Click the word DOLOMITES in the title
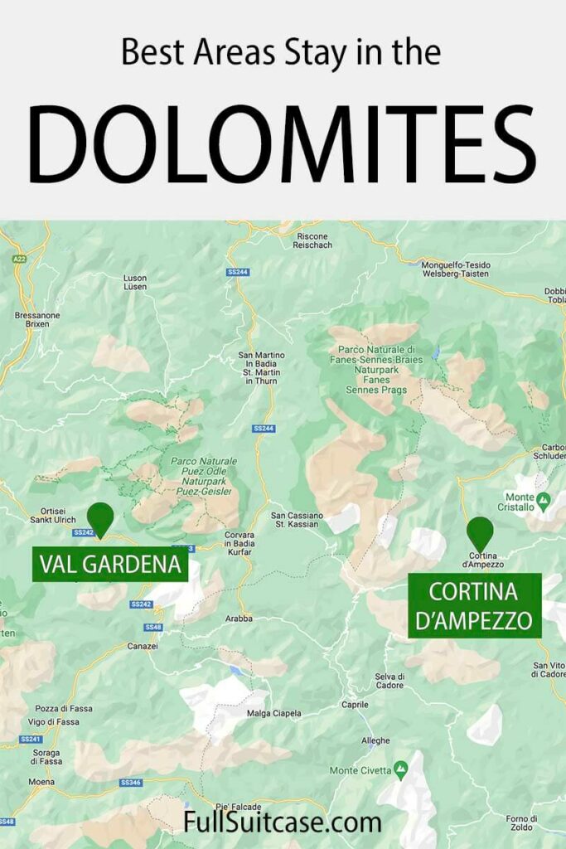coord(282,145)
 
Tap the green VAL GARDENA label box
coord(110,565)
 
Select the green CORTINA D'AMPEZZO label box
coord(474,607)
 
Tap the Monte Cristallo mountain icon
coord(544,500)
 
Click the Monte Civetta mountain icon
coord(401,770)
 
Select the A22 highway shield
coord(19,260)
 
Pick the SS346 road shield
coord(131,782)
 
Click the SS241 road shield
coord(30,739)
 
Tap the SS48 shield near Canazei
coord(152,627)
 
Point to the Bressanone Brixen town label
coord(32,319)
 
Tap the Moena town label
coord(42,782)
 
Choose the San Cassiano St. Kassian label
coord(294,521)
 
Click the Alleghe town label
coord(375,740)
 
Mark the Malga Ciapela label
coord(274,713)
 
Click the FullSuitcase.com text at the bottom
coord(283,823)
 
